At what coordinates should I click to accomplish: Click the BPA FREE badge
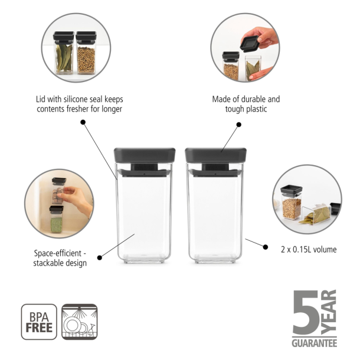tap(39, 322)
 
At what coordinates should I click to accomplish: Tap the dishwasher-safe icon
tap(79, 322)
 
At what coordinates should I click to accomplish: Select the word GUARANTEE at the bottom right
tap(314, 343)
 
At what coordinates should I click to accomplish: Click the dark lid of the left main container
tap(145, 155)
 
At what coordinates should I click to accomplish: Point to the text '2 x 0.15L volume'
tap(309, 250)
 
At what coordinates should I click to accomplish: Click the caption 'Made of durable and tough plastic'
tap(246, 104)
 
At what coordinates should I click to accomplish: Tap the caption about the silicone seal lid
tap(80, 104)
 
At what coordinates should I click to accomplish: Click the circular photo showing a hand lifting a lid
tap(245, 48)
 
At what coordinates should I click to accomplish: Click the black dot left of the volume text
tap(246, 240)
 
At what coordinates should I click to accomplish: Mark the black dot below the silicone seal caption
tap(83, 122)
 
